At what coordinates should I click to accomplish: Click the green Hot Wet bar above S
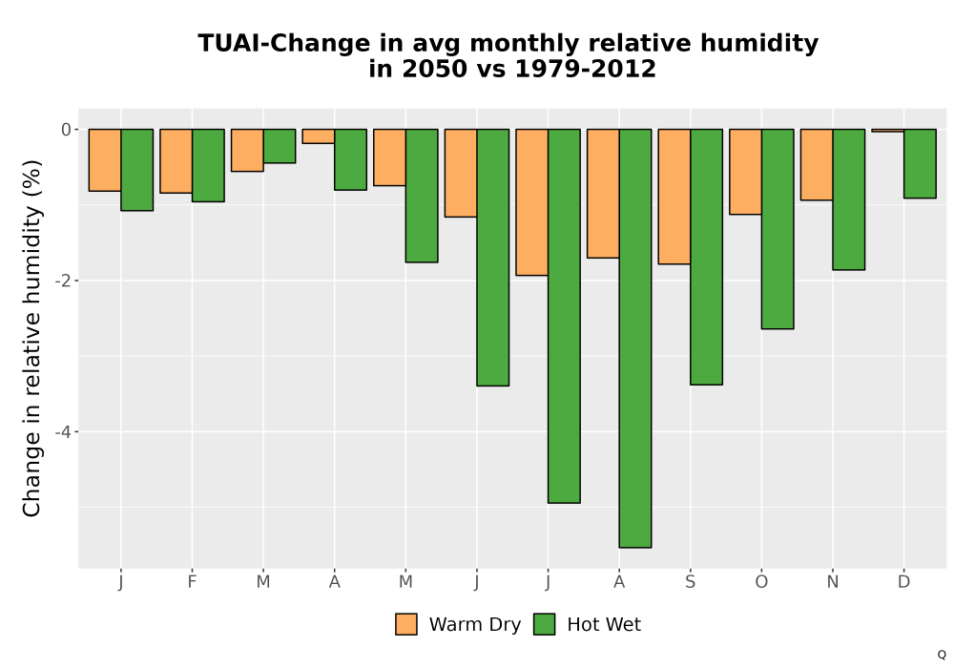706,257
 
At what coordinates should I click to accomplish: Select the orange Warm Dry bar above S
674,197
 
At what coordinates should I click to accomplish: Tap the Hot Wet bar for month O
778,229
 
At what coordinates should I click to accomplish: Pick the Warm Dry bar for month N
817,164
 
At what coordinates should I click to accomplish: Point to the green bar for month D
920,163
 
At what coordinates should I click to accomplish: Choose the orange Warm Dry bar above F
176,161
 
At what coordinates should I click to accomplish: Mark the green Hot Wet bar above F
208,165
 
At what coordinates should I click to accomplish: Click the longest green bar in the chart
635,338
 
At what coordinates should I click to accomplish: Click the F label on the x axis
193,582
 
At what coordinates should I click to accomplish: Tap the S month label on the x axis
690,582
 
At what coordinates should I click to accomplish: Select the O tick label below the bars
761,582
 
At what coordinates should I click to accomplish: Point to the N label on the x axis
832,582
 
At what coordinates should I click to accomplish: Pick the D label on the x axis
903,582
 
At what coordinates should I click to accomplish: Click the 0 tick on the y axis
66,130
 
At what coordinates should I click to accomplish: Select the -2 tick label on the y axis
63,281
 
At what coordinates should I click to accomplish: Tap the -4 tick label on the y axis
63,432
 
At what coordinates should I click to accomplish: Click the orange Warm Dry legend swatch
406,624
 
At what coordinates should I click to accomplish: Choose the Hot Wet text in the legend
604,625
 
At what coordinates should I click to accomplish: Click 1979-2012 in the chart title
586,69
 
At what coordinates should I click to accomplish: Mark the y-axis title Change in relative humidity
31,338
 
